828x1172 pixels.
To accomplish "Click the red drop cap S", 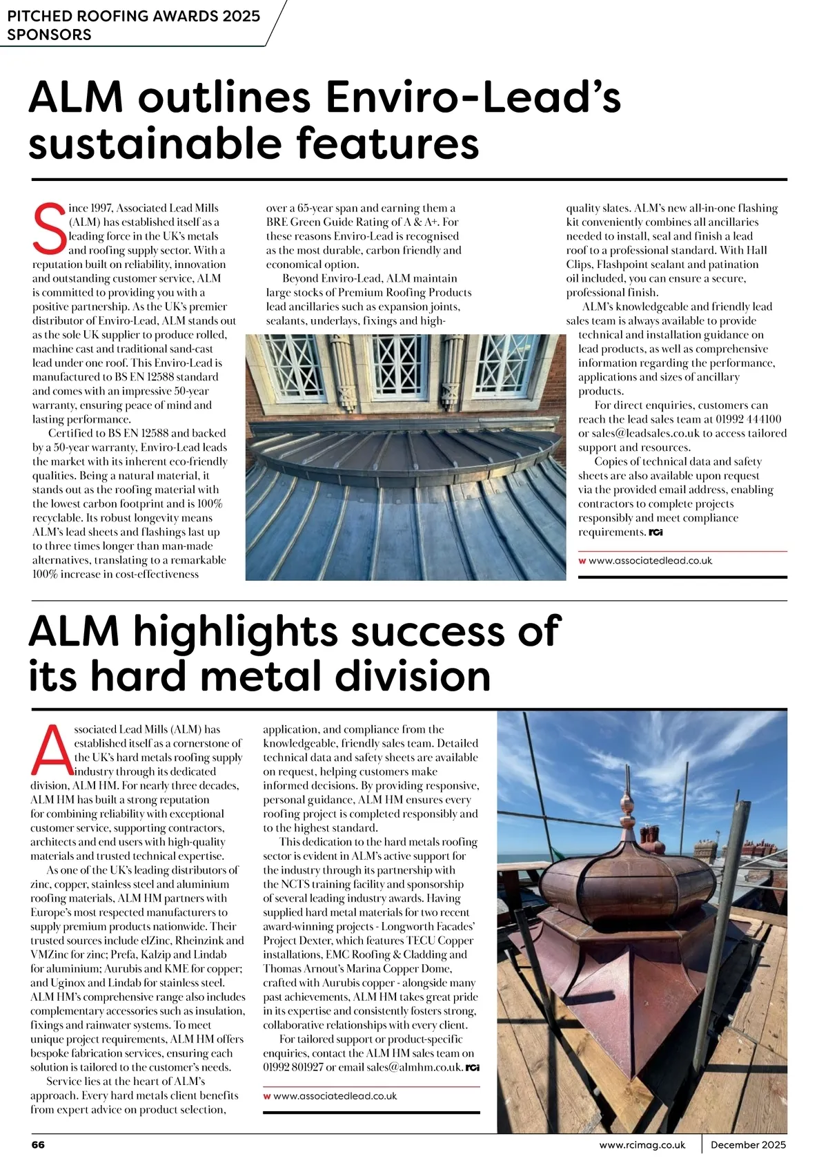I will coord(48,229).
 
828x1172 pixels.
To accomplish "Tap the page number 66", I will coord(38,1144).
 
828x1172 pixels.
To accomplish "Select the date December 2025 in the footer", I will coord(748,1144).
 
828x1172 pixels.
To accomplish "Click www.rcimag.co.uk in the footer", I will coord(642,1144).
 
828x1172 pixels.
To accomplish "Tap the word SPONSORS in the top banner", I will coord(49,35).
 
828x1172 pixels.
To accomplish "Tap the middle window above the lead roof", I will coord(405,363).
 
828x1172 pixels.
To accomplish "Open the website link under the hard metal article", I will coord(335,1096).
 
